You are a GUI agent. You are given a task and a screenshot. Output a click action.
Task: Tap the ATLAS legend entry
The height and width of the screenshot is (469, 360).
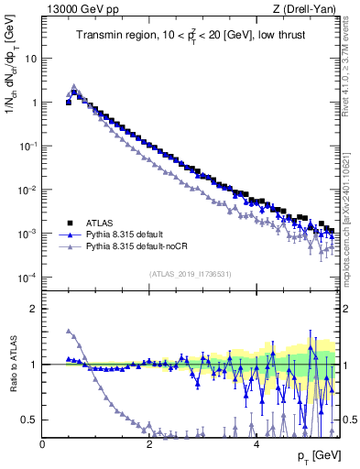tap(102, 222)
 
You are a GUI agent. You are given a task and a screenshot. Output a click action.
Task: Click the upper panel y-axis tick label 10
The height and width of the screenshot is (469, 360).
tap(29, 59)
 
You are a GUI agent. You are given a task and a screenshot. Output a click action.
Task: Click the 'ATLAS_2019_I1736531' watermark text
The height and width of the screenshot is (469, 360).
tap(190, 274)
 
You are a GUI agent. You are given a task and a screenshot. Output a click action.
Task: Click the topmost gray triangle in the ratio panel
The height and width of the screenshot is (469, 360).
tap(69, 331)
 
